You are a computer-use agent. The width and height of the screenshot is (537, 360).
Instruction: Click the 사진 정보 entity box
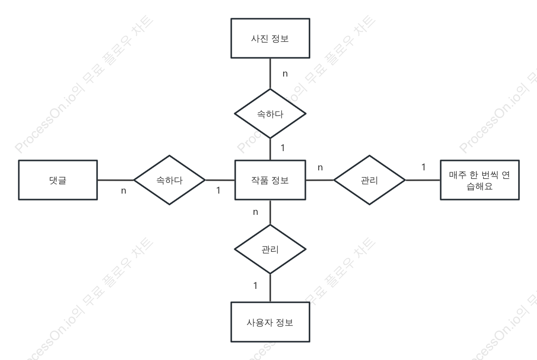270,39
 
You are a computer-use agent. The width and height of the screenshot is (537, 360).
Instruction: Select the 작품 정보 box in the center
270,180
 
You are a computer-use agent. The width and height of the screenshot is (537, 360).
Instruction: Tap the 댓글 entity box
58,180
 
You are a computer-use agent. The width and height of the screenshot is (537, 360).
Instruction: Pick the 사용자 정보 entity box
270,321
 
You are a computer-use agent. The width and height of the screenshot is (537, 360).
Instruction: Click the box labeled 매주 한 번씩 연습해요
480,180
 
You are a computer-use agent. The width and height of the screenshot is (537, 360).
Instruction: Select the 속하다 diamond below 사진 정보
270,114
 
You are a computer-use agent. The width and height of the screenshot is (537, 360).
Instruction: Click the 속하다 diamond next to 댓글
169,180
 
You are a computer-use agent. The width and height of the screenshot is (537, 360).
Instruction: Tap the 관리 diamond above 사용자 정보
270,249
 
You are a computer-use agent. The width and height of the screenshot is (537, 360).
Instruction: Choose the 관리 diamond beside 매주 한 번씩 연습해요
370,180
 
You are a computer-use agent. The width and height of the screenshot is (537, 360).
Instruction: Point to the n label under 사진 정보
285,74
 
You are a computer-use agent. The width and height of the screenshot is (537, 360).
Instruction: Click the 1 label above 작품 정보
283,148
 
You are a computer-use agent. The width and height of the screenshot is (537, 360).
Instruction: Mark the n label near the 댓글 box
124,191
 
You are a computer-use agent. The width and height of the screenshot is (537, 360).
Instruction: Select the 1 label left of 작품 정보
218,190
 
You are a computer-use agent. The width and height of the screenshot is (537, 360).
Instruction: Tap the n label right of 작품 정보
320,168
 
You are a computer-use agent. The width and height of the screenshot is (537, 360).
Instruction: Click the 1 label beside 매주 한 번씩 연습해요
423,167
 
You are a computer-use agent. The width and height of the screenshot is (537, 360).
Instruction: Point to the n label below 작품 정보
255,212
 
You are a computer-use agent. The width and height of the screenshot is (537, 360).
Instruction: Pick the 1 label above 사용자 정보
255,285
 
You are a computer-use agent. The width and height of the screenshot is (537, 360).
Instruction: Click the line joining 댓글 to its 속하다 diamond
116,180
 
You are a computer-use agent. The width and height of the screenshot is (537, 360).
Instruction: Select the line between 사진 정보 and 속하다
270,74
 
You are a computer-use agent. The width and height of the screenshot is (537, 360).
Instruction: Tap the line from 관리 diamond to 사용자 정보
270,288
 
